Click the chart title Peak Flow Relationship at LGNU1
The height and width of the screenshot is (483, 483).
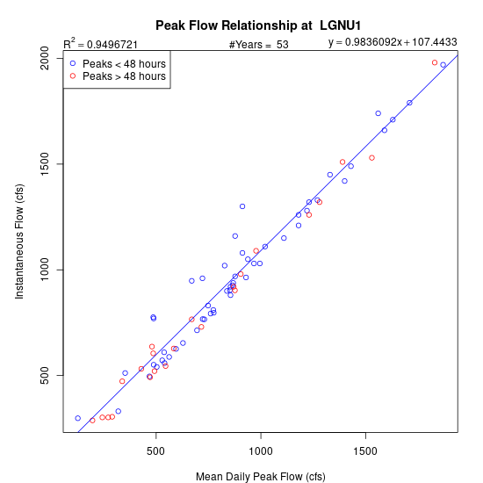pyautogui.click(x=258, y=25)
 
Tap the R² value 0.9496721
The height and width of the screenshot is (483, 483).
pyautogui.click(x=112, y=45)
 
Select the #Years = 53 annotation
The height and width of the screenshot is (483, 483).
pyautogui.click(x=259, y=45)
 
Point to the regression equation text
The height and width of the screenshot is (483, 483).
pyautogui.click(x=393, y=42)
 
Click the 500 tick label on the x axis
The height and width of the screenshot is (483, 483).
pyautogui.click(x=155, y=451)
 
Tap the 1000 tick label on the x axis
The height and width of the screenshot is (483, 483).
pyautogui.click(x=261, y=451)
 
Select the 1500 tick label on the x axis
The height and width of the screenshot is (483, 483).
pyautogui.click(x=365, y=451)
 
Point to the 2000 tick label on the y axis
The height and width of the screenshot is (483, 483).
pyautogui.click(x=45, y=58)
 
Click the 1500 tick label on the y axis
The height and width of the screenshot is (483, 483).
pyautogui.click(x=45, y=164)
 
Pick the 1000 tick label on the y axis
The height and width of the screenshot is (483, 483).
pyautogui.click(x=45, y=270)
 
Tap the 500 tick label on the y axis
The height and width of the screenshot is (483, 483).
pyautogui.click(x=45, y=375)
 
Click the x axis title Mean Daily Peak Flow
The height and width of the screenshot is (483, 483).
pyautogui.click(x=261, y=477)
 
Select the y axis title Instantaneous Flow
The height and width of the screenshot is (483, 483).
pyautogui.click(x=19, y=241)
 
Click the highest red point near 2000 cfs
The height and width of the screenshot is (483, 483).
pyautogui.click(x=435, y=62)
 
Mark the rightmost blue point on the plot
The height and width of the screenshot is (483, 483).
pyautogui.click(x=443, y=65)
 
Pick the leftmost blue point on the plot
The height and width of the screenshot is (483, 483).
pyautogui.click(x=78, y=418)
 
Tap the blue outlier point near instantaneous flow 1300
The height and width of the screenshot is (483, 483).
pyautogui.click(x=242, y=206)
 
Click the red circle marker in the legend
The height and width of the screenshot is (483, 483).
pyautogui.click(x=73, y=76)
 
